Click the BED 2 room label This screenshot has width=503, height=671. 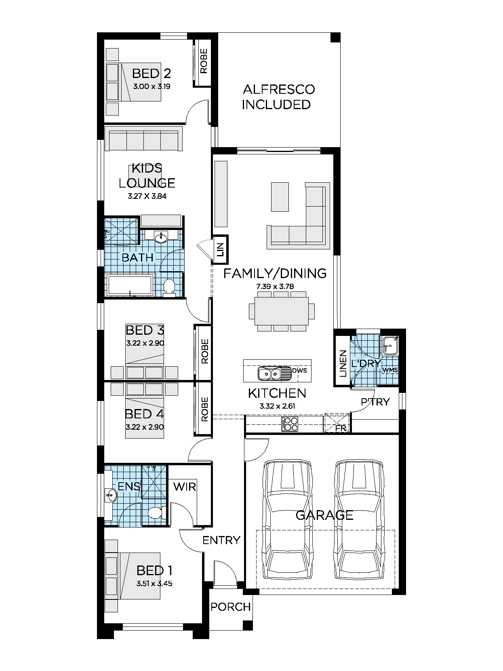(152, 74)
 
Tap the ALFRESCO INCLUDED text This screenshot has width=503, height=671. (278, 97)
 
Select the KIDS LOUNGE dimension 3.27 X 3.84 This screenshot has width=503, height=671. (147, 196)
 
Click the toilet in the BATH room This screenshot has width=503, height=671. (169, 287)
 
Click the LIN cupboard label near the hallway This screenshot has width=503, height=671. (220, 249)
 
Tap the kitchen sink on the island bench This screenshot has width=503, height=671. (270, 373)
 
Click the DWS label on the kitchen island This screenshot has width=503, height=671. (299, 370)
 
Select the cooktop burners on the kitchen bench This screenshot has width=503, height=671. (290, 424)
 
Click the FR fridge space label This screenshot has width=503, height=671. (341, 428)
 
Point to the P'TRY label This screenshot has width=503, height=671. (375, 402)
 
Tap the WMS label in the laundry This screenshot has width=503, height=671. (390, 370)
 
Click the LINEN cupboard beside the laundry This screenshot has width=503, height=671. (342, 363)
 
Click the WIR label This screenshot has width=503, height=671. (185, 486)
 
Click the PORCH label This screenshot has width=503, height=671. (231, 607)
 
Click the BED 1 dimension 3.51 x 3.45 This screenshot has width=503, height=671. (154, 583)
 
